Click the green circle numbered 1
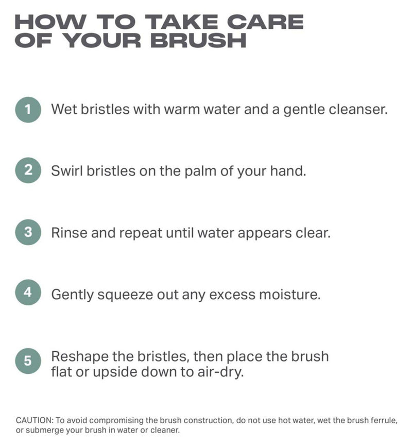point(28,110)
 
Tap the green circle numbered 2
point(28,170)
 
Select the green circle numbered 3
point(28,232)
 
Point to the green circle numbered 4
point(28,292)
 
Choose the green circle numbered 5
point(28,360)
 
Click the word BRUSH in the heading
point(198,40)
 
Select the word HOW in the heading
point(50,22)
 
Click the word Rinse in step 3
point(70,233)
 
